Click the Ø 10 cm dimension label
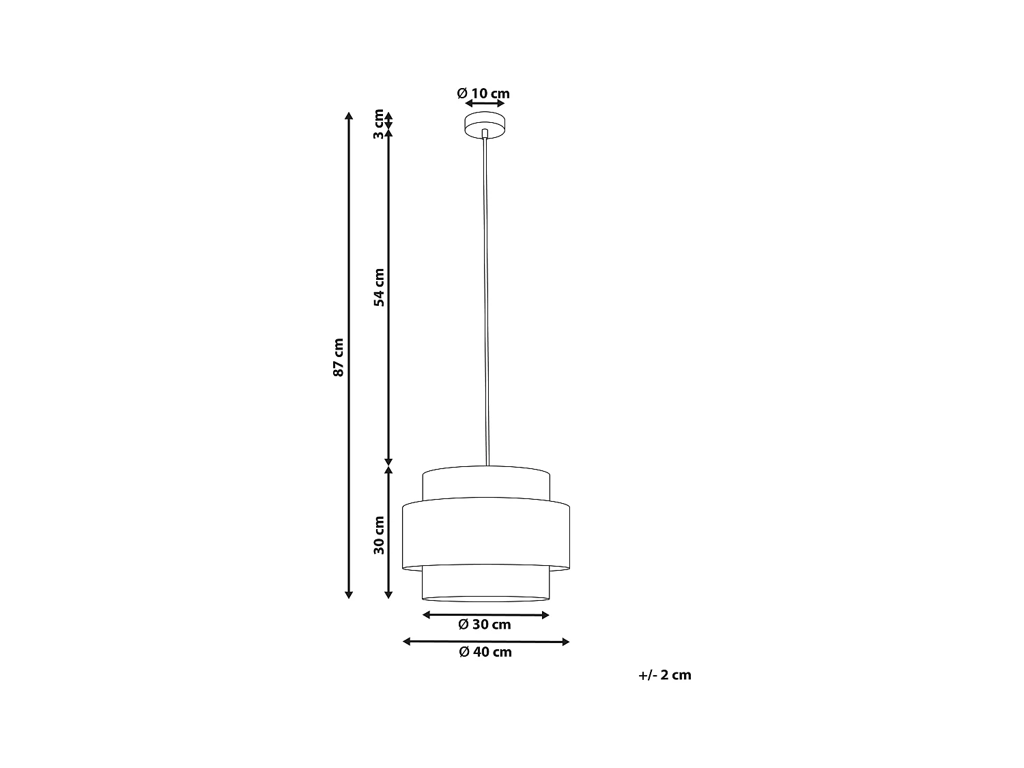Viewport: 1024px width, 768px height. point(483,94)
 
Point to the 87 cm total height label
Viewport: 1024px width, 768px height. point(338,357)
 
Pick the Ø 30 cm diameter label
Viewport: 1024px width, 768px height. point(485,625)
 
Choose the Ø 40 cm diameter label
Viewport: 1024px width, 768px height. point(485,652)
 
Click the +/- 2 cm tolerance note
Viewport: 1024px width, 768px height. point(665,675)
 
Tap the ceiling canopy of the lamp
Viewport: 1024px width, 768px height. point(485,126)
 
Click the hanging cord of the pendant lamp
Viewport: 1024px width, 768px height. point(485,300)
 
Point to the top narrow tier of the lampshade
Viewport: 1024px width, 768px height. point(485,485)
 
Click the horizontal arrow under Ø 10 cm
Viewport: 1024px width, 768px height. point(485,104)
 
